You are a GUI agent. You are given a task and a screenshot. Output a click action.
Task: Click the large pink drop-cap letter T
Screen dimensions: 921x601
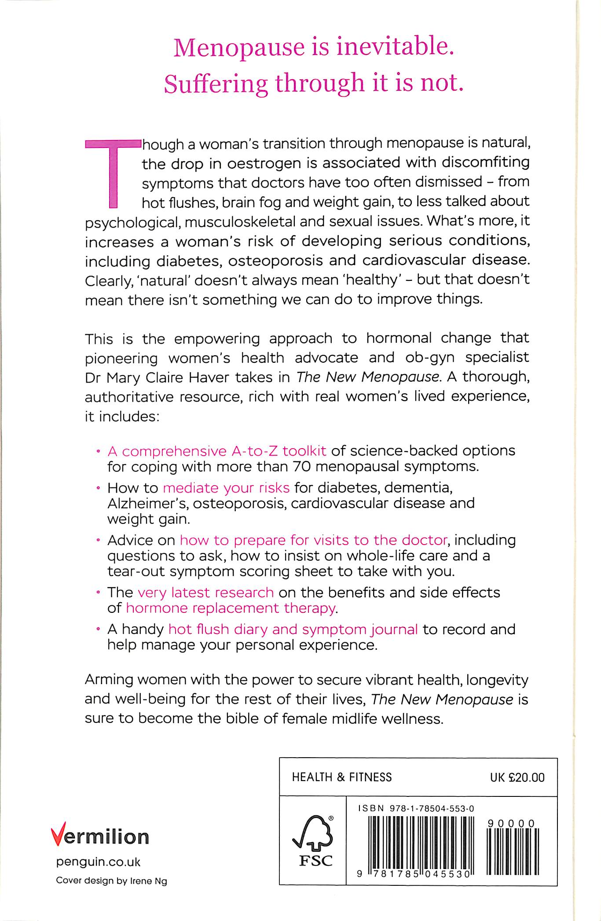point(113,173)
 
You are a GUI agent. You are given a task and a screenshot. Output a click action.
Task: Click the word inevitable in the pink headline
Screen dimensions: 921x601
point(395,48)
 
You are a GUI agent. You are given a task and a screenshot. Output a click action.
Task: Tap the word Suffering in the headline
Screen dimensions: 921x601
point(216,84)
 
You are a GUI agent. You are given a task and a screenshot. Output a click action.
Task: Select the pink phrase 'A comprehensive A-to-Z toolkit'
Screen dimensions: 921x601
point(217,451)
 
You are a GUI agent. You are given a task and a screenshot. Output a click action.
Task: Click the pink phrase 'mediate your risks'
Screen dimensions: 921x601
point(226,488)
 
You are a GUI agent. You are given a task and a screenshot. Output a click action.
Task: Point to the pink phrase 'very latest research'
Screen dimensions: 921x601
point(205,593)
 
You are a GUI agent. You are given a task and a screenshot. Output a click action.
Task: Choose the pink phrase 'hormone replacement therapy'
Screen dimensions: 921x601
point(231,608)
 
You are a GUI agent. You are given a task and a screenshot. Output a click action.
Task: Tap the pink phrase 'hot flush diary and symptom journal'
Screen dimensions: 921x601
point(293,630)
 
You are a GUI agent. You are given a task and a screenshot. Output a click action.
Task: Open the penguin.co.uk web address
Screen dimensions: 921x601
point(98,862)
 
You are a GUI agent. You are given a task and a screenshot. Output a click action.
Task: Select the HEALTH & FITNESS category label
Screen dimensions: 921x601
point(341,777)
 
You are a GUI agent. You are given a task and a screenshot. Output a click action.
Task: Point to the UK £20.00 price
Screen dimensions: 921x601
point(517,777)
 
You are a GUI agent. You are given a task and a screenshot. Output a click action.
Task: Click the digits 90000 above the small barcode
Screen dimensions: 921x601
point(511,823)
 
